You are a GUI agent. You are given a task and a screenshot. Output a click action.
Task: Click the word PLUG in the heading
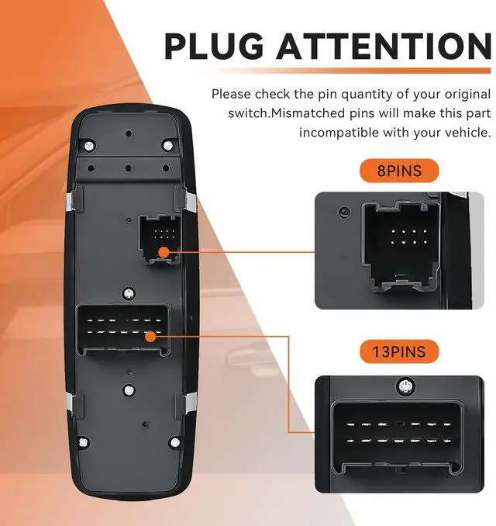(x=214, y=46)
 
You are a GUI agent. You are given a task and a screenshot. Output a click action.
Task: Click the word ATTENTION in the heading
(x=384, y=46)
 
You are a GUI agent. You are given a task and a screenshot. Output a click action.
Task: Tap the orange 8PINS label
(x=399, y=171)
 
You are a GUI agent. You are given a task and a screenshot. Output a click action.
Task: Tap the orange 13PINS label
(x=399, y=351)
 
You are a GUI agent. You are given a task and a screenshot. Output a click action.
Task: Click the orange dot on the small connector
(x=164, y=252)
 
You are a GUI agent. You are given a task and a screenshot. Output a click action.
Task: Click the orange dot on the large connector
(x=151, y=337)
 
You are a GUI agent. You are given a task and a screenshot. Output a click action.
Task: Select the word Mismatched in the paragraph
(x=308, y=113)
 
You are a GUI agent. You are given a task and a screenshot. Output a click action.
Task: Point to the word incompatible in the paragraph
(x=339, y=133)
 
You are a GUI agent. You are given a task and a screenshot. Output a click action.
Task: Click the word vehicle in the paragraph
(x=468, y=133)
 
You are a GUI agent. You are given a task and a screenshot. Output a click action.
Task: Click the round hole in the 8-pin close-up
(x=344, y=212)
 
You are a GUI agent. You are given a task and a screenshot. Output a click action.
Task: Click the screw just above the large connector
(x=129, y=293)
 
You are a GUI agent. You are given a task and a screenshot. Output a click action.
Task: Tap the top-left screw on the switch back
(x=89, y=146)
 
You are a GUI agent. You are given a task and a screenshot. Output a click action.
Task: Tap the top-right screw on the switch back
(x=167, y=145)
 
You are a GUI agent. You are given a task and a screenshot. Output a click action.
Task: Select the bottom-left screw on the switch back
(x=84, y=443)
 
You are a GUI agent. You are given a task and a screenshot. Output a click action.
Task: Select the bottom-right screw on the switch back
(x=175, y=443)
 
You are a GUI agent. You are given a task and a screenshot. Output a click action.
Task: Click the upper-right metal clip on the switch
(x=191, y=202)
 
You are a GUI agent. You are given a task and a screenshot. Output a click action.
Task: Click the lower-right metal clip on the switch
(x=191, y=402)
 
